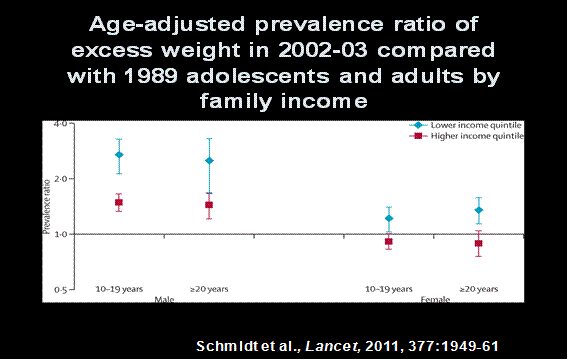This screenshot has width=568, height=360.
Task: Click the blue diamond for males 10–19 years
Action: coord(119,155)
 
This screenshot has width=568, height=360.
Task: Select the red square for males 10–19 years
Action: coord(119,202)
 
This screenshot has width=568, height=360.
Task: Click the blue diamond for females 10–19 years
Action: coord(389,218)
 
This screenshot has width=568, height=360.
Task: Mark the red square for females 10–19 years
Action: coord(389,241)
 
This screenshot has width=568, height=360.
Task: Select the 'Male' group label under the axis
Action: coord(161,298)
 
